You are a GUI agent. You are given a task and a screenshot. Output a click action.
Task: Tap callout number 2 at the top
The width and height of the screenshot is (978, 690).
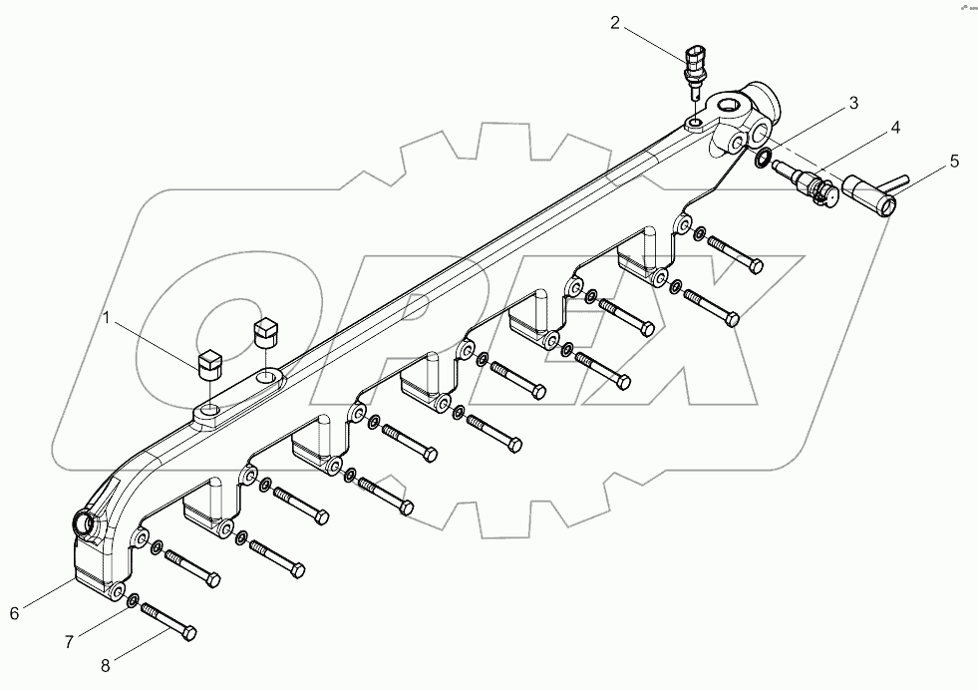(615, 21)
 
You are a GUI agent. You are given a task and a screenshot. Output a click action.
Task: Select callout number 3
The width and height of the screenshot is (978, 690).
(853, 103)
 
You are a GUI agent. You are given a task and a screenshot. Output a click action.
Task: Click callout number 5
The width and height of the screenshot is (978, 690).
(954, 161)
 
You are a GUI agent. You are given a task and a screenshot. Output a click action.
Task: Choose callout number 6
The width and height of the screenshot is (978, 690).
(14, 613)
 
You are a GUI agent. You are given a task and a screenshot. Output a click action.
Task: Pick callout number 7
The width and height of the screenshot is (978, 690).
(69, 642)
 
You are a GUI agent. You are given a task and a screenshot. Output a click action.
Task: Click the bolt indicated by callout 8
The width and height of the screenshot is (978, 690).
(168, 621)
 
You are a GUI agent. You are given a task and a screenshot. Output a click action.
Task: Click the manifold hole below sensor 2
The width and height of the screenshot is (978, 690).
(694, 124)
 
